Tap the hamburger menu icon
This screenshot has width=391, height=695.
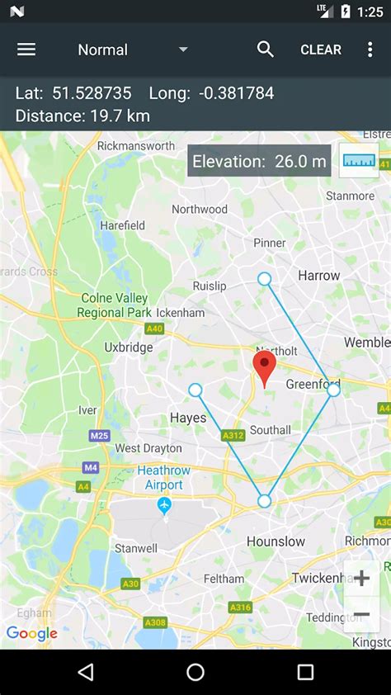[x=26, y=50]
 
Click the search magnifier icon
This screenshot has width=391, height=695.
[x=265, y=50]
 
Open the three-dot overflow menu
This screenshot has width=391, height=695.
[x=370, y=50]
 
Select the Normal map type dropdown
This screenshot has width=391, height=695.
[x=132, y=50]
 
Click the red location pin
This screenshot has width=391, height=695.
[x=264, y=368]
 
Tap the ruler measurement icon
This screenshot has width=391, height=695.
[x=359, y=161]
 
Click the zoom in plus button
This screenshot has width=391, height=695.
[x=361, y=579]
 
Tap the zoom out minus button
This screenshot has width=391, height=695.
[x=361, y=615]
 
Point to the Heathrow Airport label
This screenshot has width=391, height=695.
[x=164, y=478]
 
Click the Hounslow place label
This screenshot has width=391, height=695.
[x=276, y=541]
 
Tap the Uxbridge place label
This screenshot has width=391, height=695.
[x=129, y=347]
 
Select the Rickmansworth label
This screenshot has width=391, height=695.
[x=136, y=146]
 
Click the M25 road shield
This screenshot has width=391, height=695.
[x=100, y=435]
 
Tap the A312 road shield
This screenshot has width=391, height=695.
[x=233, y=435]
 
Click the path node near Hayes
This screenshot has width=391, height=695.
[x=195, y=390]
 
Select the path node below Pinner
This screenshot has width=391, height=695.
[x=264, y=279]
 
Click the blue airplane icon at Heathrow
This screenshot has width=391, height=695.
[x=164, y=504]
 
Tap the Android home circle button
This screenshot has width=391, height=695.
[x=195, y=672]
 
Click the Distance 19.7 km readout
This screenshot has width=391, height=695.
[x=82, y=116]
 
